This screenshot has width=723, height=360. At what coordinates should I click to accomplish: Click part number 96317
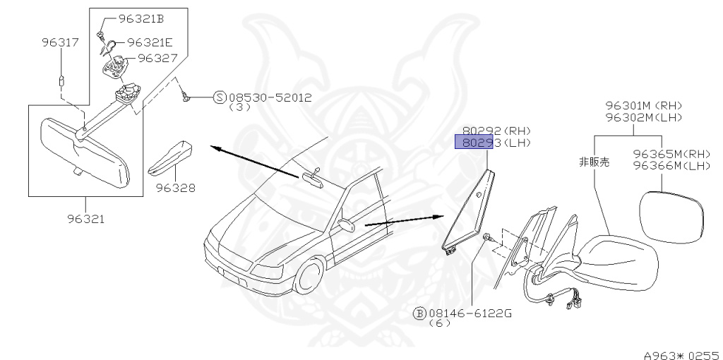pos(59,43)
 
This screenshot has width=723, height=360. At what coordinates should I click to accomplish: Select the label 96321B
pos(141,18)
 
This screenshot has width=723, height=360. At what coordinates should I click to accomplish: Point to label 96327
pos(157,58)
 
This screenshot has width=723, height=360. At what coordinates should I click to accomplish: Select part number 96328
pos(176,188)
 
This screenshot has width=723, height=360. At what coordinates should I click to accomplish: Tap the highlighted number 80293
pos(478,143)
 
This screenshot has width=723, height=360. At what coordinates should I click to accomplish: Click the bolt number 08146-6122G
pos(470,312)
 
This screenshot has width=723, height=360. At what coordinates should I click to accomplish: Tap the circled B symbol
pos(419,312)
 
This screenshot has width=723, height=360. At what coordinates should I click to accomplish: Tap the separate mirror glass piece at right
pos(671,216)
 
